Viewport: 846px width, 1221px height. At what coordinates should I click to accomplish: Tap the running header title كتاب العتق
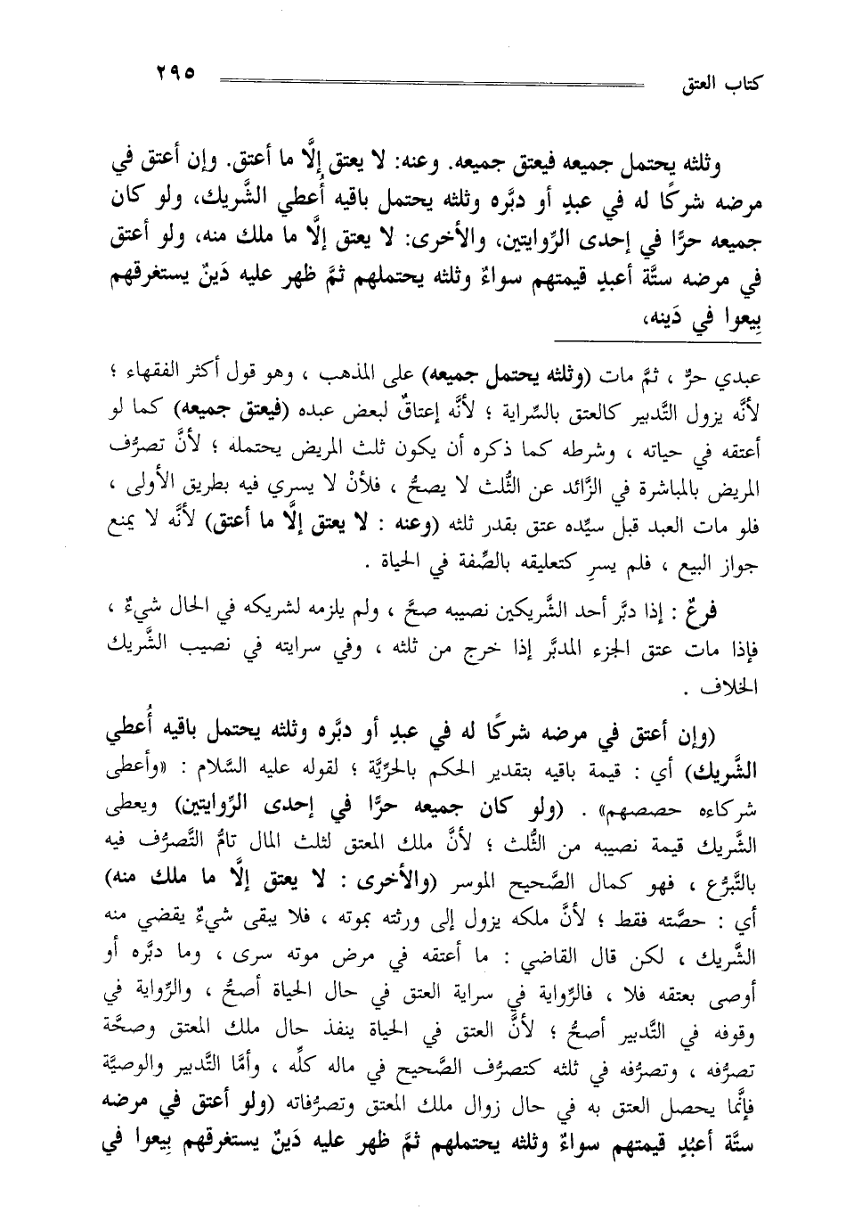click(720, 86)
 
